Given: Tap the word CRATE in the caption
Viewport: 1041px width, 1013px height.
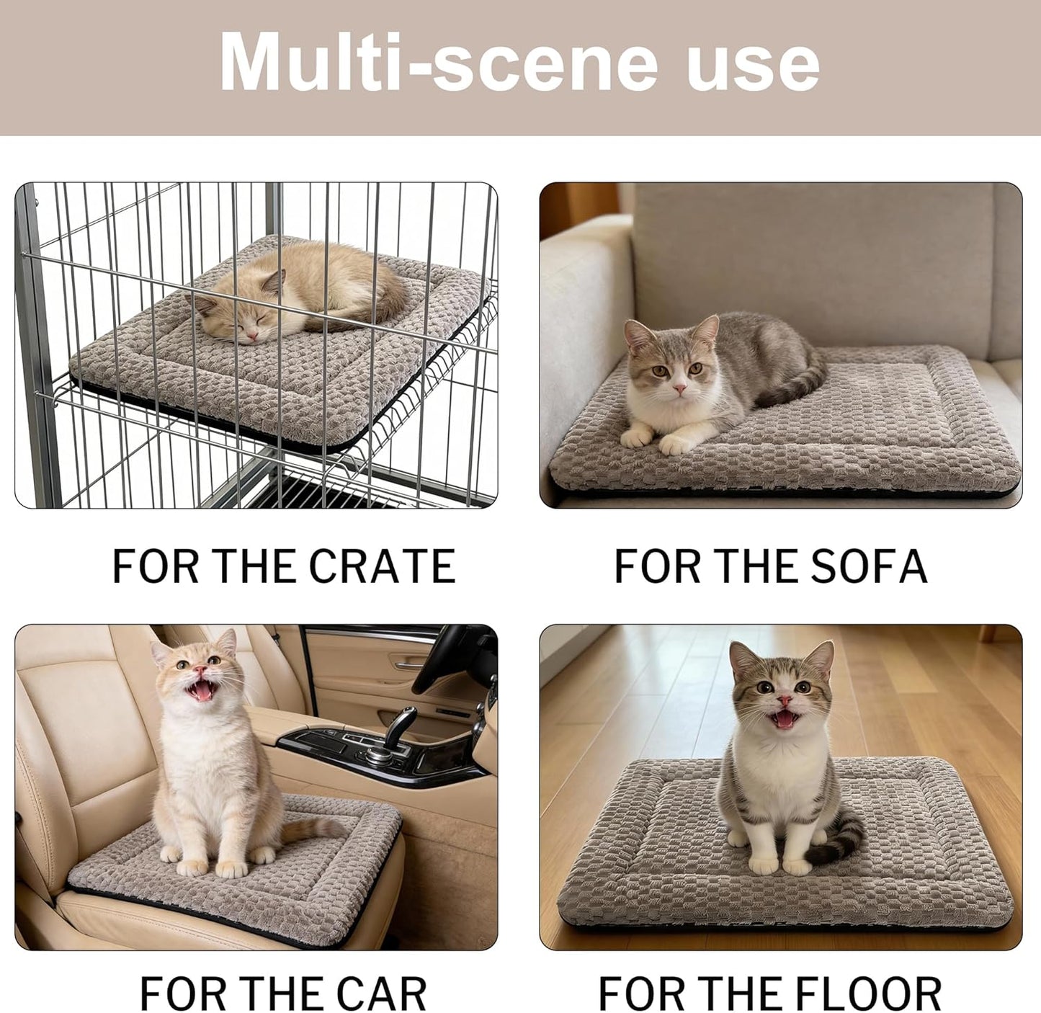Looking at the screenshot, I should (x=383, y=566).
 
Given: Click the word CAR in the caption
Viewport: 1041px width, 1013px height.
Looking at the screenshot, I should (x=382, y=994).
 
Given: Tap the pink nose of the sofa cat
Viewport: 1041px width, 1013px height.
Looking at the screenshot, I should (x=679, y=388).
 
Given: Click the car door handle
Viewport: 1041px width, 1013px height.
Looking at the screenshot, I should (x=407, y=666).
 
